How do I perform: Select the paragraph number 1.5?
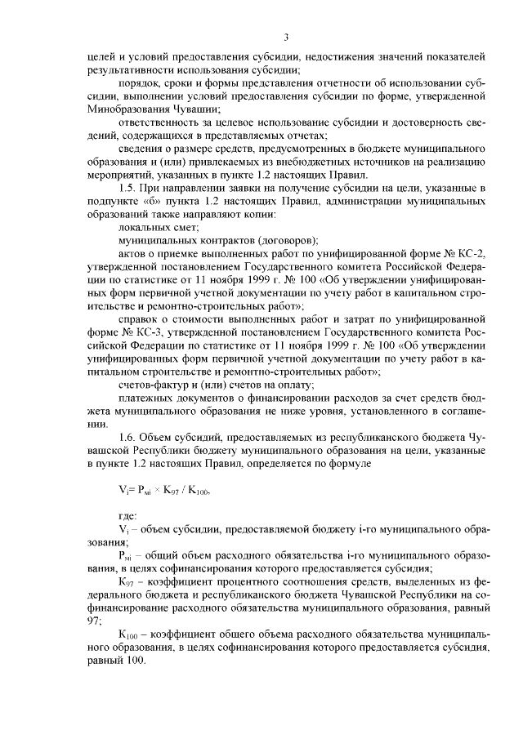point(129,189)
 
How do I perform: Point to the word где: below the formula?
point(128,514)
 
